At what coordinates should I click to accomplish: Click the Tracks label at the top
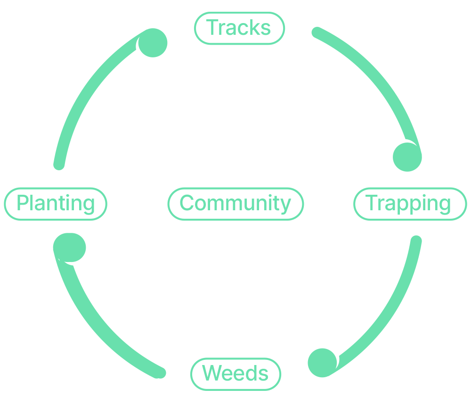(x=239, y=28)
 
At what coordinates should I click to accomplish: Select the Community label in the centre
(x=235, y=204)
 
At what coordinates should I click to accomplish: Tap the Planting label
(x=56, y=204)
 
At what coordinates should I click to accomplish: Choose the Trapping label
(x=409, y=204)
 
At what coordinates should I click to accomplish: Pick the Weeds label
(x=235, y=374)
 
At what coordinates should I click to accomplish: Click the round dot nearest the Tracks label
(x=153, y=43)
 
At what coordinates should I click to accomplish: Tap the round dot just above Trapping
(x=407, y=157)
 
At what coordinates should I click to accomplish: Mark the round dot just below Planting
(x=70, y=247)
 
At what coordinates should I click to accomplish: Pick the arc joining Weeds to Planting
(x=99, y=329)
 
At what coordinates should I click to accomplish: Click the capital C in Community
(x=187, y=204)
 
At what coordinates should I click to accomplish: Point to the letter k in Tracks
(x=250, y=28)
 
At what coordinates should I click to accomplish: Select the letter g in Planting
(x=88, y=206)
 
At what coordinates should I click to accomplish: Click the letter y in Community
(x=284, y=206)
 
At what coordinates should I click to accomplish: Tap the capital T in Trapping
(x=372, y=203)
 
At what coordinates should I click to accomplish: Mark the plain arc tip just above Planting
(x=59, y=164)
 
